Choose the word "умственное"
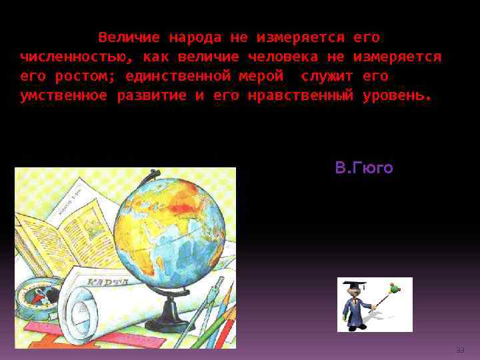pos(63,95)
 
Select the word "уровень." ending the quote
pos(397,95)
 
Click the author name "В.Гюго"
pos(364,168)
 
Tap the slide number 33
pos(460,350)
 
